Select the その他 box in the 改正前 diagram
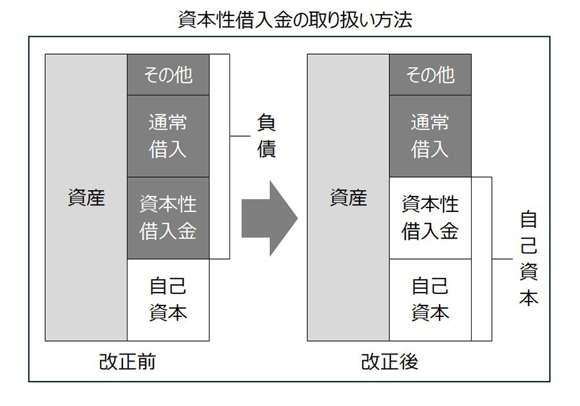[168, 75]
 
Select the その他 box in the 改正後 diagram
[430, 75]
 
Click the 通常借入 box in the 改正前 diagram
[168, 136]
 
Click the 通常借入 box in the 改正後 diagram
[430, 136]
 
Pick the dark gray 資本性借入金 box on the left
[168, 218]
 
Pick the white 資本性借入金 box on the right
[430, 218]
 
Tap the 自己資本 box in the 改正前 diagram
[168, 300]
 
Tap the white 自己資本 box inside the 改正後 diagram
[430, 300]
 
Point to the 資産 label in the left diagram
[86, 198]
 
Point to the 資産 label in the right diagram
[348, 198]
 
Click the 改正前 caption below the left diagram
[127, 362]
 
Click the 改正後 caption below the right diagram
[389, 362]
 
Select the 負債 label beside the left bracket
[266, 136]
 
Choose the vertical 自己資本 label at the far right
[528, 258]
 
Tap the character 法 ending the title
[404, 20]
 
